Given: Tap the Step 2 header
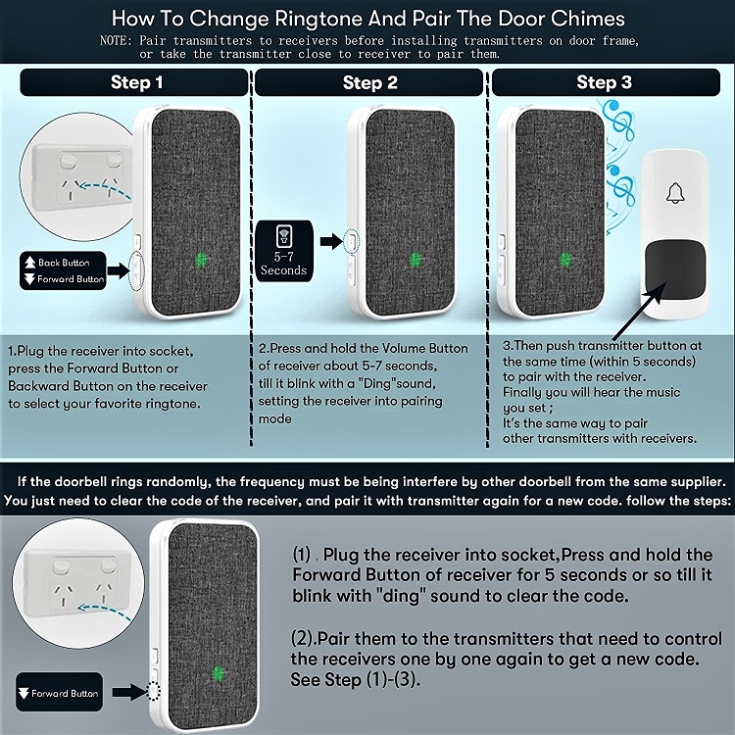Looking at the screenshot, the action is click(x=369, y=83).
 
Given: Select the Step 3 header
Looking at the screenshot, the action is click(x=606, y=82).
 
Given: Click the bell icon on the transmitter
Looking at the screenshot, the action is click(x=675, y=193).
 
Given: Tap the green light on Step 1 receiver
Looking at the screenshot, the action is click(x=202, y=260).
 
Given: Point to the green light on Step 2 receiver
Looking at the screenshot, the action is click(x=416, y=260).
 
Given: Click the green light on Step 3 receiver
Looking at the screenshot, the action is click(x=565, y=260).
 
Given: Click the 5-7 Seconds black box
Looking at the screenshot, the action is click(x=284, y=251).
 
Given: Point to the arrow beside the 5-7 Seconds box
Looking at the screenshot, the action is click(x=332, y=241).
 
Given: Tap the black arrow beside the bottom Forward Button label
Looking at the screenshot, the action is click(x=129, y=692).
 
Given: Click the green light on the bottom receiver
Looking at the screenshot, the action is click(x=218, y=673).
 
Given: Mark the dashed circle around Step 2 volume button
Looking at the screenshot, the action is click(x=352, y=242).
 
